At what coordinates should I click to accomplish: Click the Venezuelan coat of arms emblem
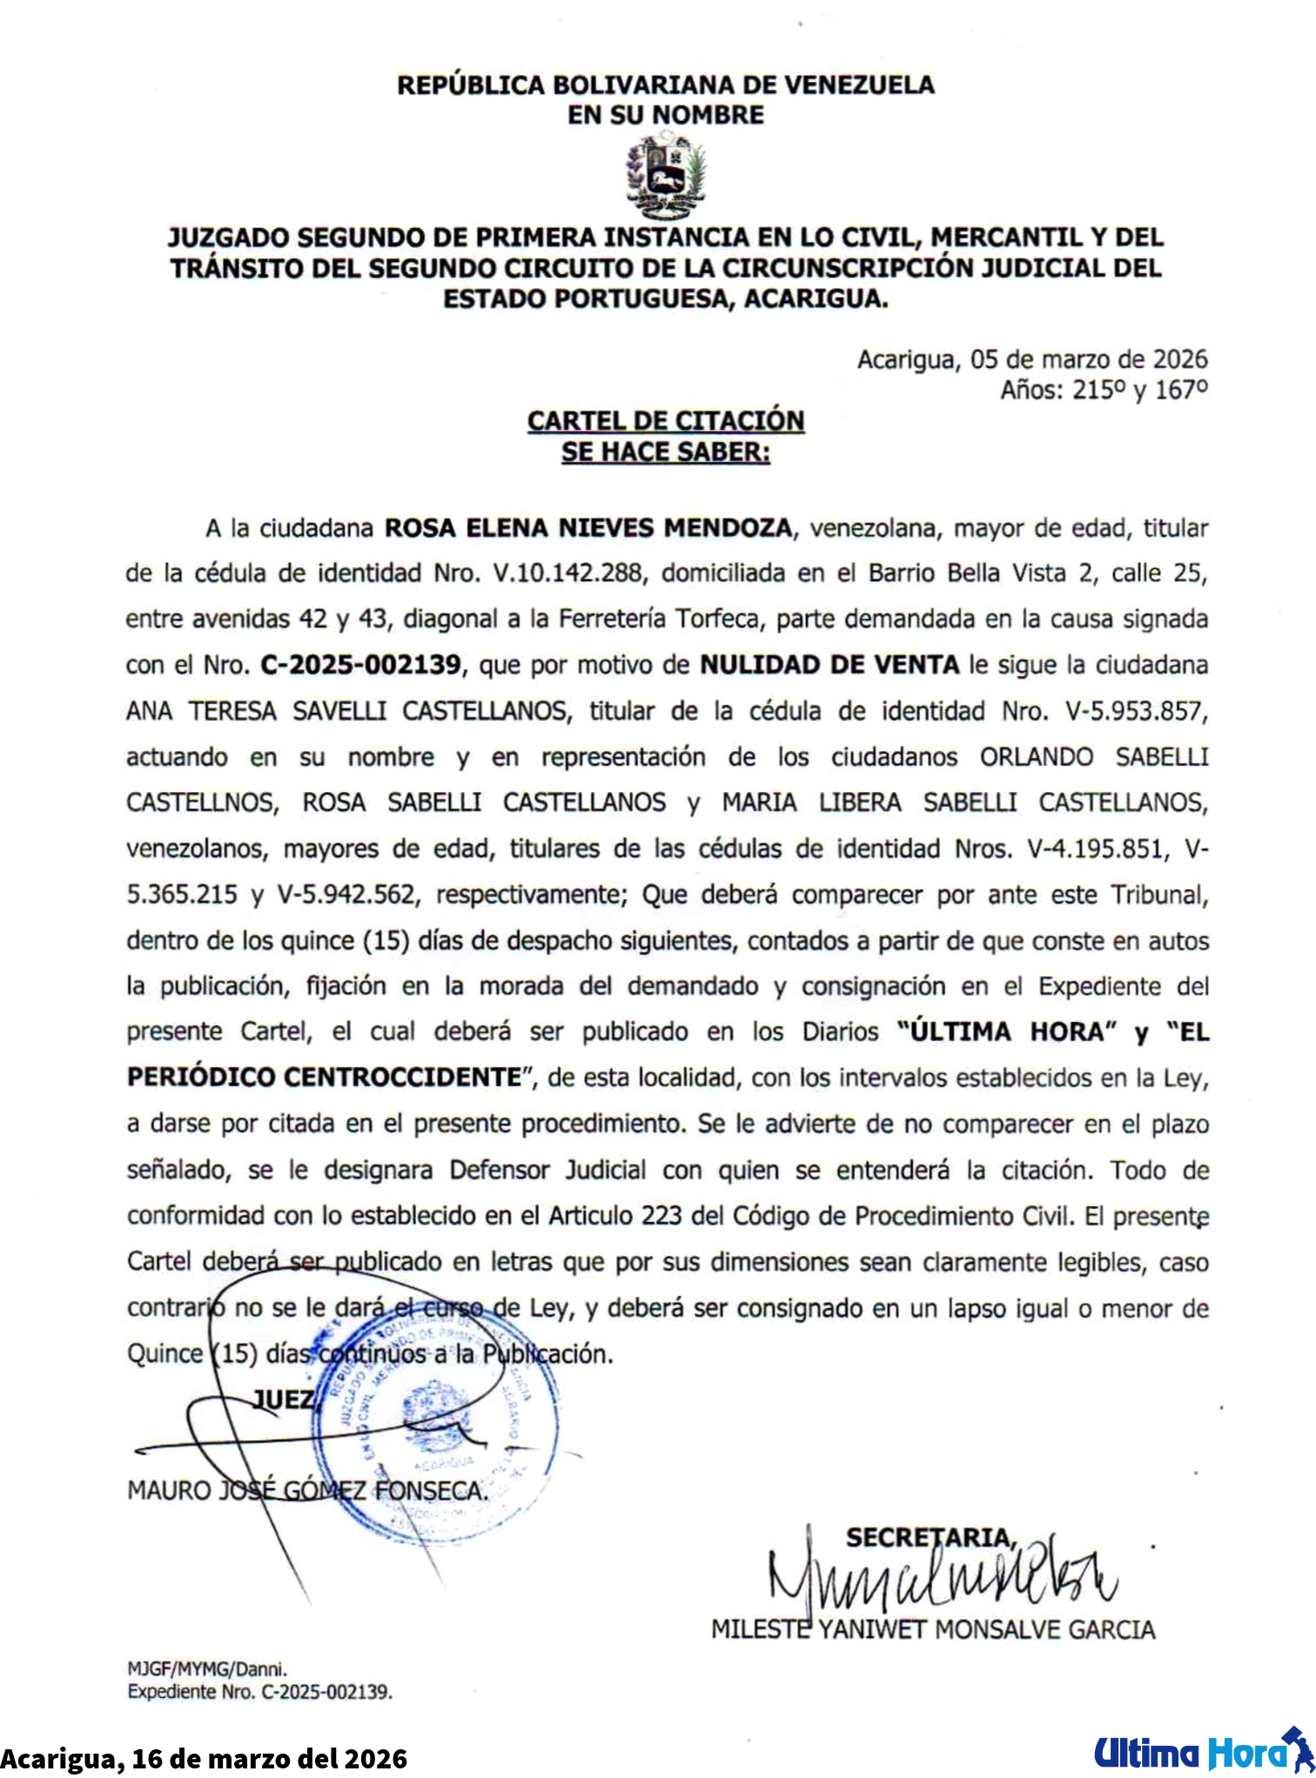click(x=666, y=176)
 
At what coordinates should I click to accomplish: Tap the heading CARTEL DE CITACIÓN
click(x=666, y=420)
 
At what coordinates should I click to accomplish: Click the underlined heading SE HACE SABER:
click(x=666, y=453)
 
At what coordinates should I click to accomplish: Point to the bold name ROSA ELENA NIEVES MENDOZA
click(x=588, y=528)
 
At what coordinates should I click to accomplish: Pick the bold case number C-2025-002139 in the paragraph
click(x=360, y=665)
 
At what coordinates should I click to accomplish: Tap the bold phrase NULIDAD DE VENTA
click(x=829, y=665)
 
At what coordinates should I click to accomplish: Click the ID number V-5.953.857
click(x=1136, y=711)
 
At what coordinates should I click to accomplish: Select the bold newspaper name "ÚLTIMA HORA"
click(x=1007, y=1032)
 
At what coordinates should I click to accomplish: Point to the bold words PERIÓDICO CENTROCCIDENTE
click(x=324, y=1077)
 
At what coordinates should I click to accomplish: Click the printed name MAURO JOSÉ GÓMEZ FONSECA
click(x=307, y=1491)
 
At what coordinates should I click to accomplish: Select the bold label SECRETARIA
click(x=930, y=1538)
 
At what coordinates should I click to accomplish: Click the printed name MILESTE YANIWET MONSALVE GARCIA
click(x=933, y=1629)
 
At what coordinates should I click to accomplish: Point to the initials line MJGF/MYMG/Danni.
click(x=207, y=1669)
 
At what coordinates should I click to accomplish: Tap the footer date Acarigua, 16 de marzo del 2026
click(x=204, y=1758)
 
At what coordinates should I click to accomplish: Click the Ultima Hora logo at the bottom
click(x=1202, y=1752)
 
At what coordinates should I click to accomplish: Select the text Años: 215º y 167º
click(x=1104, y=390)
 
